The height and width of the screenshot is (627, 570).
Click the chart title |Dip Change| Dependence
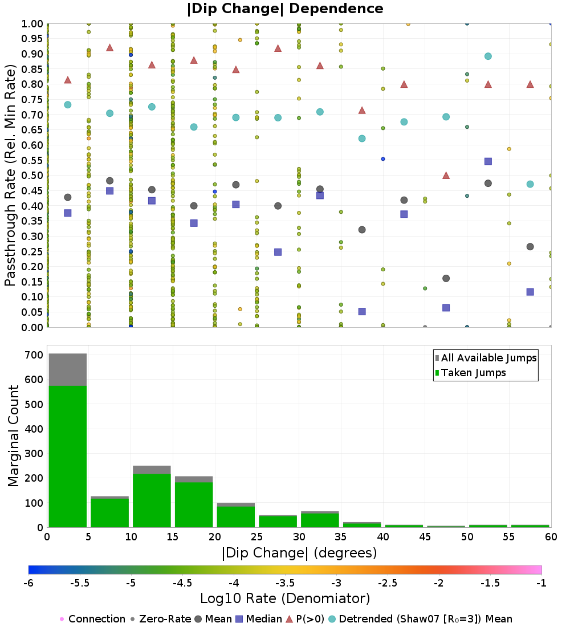tap(285, 9)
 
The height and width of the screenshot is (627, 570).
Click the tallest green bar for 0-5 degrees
tap(68, 456)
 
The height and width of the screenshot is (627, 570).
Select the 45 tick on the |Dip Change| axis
tap(425, 537)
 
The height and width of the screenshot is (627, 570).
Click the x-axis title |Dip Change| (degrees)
tap(299, 553)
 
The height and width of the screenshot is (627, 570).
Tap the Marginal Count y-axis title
tap(13, 436)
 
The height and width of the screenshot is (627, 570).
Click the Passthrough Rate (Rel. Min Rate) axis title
tap(10, 175)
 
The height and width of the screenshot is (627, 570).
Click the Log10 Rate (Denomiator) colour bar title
tap(285, 598)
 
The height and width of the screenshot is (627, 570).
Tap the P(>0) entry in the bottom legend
tap(313, 619)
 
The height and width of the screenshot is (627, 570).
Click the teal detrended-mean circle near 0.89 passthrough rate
tap(488, 56)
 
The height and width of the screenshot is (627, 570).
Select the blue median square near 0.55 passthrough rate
tap(488, 161)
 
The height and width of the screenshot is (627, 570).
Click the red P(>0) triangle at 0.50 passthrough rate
tap(446, 176)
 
